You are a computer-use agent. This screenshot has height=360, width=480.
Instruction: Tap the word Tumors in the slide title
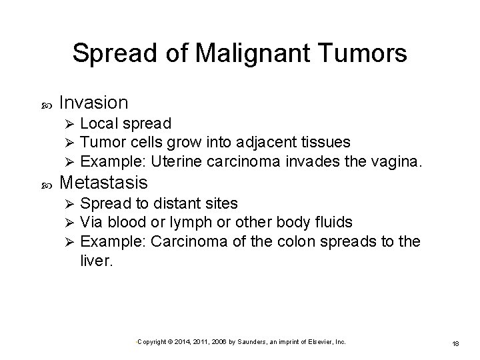(364, 54)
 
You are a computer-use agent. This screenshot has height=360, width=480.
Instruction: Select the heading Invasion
(93, 103)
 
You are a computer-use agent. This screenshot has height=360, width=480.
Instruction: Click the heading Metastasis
(103, 182)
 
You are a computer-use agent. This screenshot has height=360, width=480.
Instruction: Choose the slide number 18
(456, 342)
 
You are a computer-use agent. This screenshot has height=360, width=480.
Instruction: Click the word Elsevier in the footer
(315, 341)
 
